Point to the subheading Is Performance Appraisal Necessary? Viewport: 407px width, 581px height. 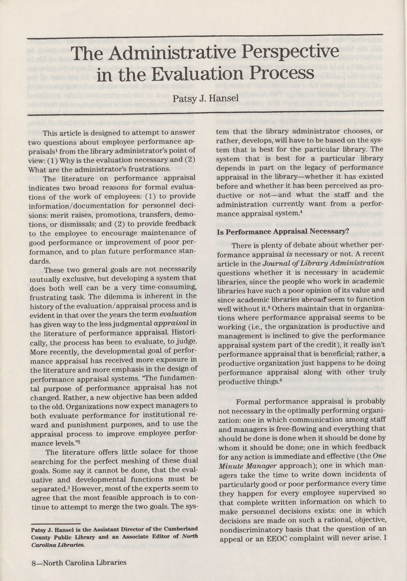pyautogui.click(x=283, y=232)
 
